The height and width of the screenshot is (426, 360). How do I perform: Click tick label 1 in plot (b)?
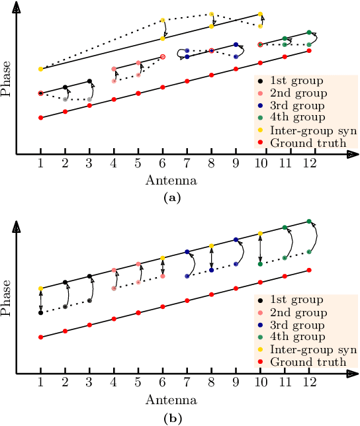40,384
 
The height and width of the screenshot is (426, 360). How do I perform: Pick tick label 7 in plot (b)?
187,384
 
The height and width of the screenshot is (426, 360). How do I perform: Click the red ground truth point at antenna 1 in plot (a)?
40,118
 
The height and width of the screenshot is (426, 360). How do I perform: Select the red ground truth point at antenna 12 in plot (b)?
309,270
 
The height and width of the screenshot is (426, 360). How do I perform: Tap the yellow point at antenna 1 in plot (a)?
40,69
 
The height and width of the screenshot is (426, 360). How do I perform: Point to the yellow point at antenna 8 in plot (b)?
212,246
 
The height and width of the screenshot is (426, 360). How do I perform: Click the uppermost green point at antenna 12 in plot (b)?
309,222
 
